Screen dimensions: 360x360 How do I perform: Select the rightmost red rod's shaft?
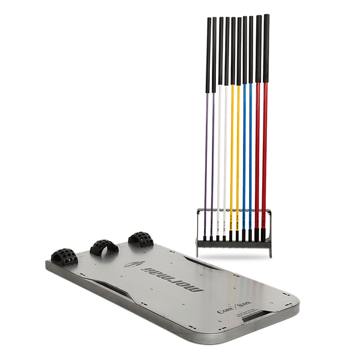tap(265, 150)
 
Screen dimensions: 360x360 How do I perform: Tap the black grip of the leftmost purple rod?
tap(208, 54)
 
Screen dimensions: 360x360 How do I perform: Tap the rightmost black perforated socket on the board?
tap(140, 238)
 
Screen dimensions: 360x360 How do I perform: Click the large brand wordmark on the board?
tap(172, 278)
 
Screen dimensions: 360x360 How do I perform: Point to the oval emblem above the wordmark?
tap(133, 263)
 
